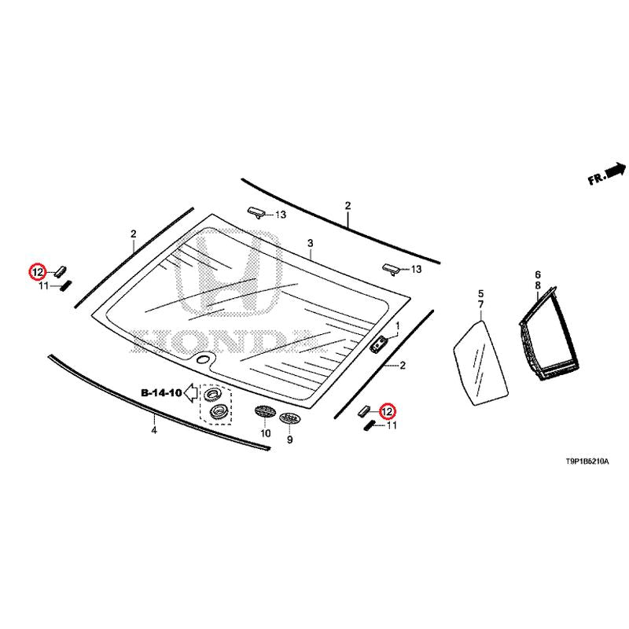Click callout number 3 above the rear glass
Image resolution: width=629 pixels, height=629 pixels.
(310, 243)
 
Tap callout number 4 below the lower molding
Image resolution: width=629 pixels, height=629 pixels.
(154, 431)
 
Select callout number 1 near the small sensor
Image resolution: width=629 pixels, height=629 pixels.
(398, 326)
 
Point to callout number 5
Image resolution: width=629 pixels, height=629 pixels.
(481, 293)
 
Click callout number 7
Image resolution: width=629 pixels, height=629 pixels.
(481, 304)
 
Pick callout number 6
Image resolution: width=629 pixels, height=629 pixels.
(538, 274)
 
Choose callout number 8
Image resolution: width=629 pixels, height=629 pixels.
(538, 285)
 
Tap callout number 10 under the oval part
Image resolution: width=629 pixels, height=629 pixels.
(265, 433)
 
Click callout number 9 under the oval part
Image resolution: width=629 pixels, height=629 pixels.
(289, 440)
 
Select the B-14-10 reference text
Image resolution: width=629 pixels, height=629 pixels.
(161, 392)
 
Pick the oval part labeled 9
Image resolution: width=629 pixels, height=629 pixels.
(290, 418)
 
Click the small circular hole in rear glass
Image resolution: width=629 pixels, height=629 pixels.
(204, 360)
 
